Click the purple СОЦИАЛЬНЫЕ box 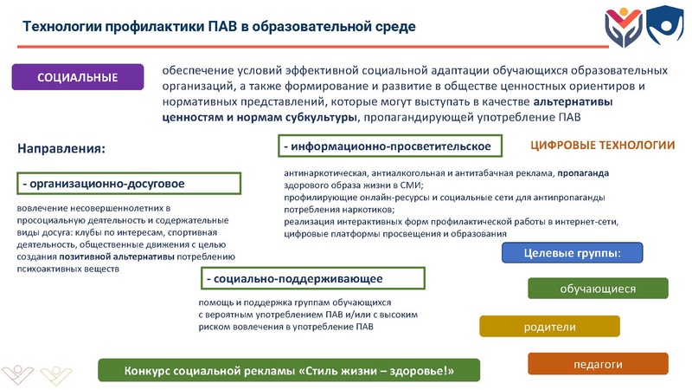tap(77, 77)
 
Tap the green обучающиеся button tap(598, 289)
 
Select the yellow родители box tap(549, 327)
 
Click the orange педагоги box tap(598, 364)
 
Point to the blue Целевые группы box tap(573, 253)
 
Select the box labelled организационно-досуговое tap(127, 184)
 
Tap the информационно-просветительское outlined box tap(393, 146)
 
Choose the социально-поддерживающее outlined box tap(311, 278)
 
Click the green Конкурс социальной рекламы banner tap(289, 370)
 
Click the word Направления tap(61, 149)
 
